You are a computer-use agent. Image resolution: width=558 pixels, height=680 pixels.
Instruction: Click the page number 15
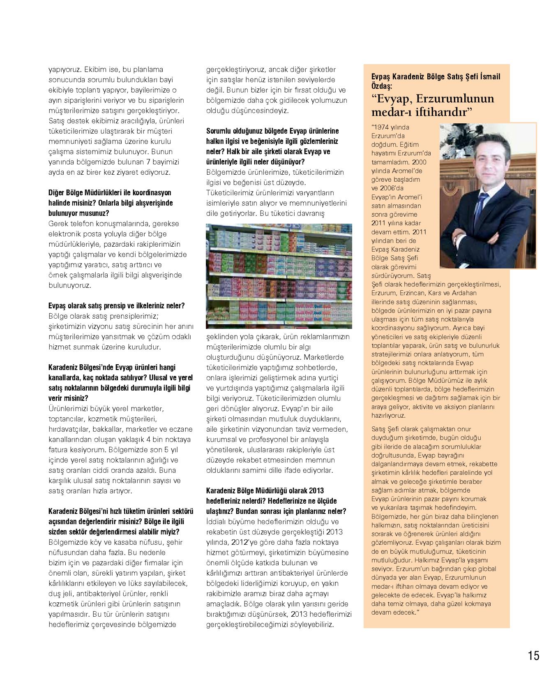[534, 655]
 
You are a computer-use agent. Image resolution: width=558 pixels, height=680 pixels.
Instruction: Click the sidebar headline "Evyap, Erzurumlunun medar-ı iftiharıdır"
[432, 105]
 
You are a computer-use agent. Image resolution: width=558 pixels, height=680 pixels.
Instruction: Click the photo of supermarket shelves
[279, 276]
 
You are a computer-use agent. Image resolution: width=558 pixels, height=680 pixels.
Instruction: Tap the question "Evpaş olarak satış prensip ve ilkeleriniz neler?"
[116, 306]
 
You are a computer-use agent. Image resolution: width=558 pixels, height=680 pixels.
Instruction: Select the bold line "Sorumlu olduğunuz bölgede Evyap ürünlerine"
[272, 131]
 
